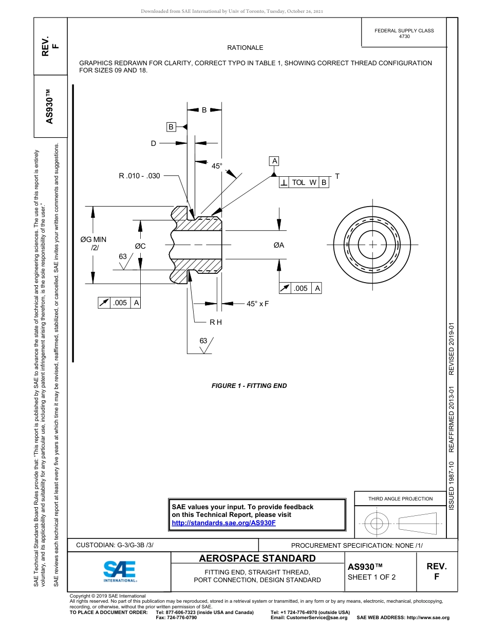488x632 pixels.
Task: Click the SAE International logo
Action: [x=119, y=570]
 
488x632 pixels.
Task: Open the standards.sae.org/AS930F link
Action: [x=223, y=523]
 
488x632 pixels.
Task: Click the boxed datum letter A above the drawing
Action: [x=274, y=161]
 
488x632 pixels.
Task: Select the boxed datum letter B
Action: [x=171, y=126]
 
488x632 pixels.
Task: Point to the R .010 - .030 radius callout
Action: [x=139, y=176]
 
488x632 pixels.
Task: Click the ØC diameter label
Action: [x=140, y=246]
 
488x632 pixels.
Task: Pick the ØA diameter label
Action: [x=279, y=245]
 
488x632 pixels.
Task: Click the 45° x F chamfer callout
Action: [x=257, y=304]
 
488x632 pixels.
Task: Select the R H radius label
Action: [x=215, y=322]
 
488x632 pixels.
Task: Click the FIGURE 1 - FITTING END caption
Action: [x=249, y=386]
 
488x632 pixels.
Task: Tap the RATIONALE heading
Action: [x=245, y=48]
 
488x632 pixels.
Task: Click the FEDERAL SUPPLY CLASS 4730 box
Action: [x=404, y=33]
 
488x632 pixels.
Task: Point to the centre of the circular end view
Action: [x=372, y=245]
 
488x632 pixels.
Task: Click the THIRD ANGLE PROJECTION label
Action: [x=400, y=498]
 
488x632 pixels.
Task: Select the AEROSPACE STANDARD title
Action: [x=257, y=559]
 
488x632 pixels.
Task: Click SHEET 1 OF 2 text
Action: [x=371, y=577]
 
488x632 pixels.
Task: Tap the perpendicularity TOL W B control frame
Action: [x=304, y=182]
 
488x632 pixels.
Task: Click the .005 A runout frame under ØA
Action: [x=301, y=288]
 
